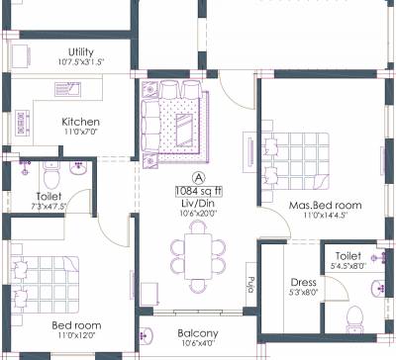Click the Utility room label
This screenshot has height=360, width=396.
point(81,51)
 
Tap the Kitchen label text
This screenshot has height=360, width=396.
point(80,123)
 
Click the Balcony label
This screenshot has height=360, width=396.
point(198,333)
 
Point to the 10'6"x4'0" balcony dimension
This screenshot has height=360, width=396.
point(198,345)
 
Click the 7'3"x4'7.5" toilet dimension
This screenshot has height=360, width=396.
point(49,209)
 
